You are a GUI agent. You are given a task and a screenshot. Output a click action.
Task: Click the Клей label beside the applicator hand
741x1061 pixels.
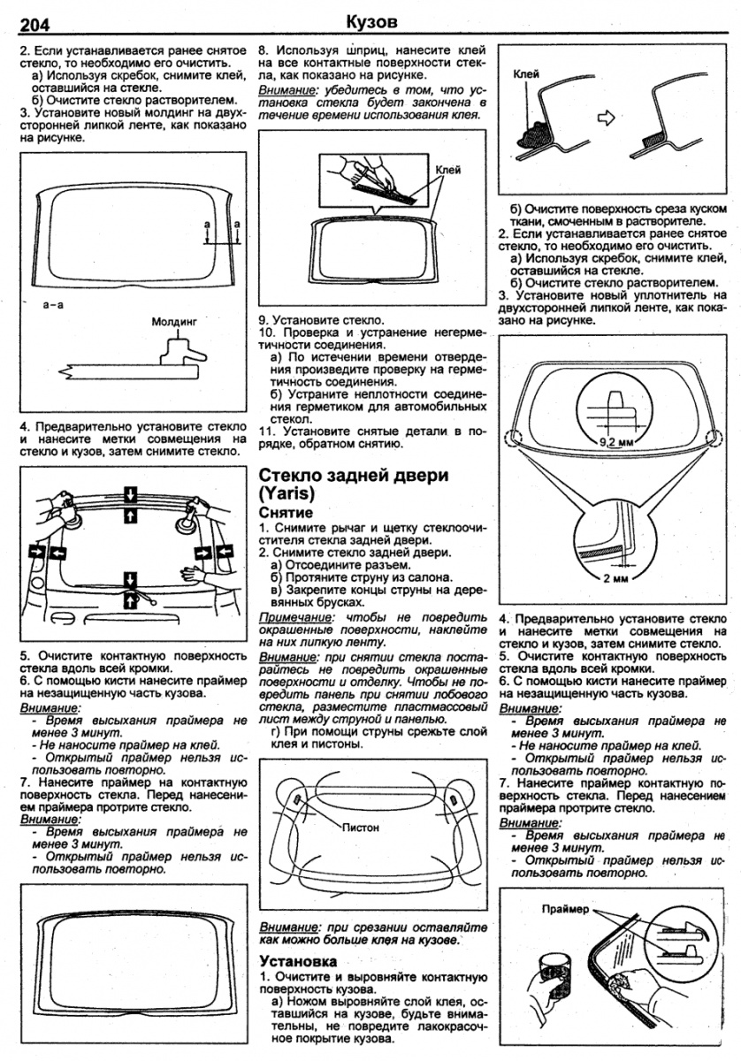448,169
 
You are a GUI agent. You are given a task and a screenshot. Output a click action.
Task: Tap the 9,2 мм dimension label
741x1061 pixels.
616,439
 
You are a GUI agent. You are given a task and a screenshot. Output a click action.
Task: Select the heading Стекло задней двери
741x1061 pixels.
353,475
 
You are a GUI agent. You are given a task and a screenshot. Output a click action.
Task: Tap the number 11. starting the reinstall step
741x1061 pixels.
266,430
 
